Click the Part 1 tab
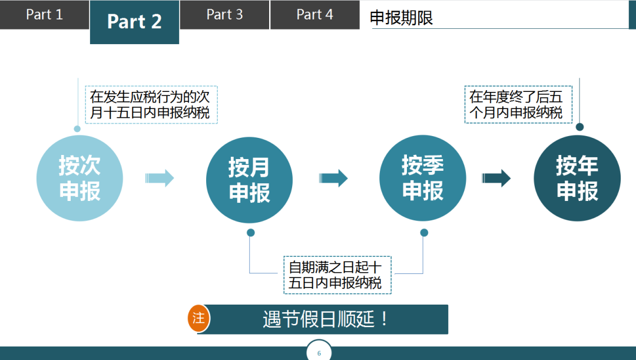click(44, 15)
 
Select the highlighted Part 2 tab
click(134, 22)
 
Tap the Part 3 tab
click(224, 15)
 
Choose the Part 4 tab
click(314, 15)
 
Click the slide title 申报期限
click(401, 18)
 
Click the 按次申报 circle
click(79, 178)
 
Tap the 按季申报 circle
click(422, 178)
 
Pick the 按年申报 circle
click(577, 178)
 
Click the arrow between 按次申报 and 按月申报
click(160, 177)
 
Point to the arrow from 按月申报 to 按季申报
click(333, 177)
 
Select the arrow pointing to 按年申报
click(496, 177)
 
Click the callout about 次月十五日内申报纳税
click(151, 104)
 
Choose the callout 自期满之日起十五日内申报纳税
click(336, 275)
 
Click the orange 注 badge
click(199, 319)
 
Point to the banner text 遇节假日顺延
click(326, 319)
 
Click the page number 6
click(319, 354)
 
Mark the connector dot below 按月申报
click(251, 233)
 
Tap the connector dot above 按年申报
click(579, 127)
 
